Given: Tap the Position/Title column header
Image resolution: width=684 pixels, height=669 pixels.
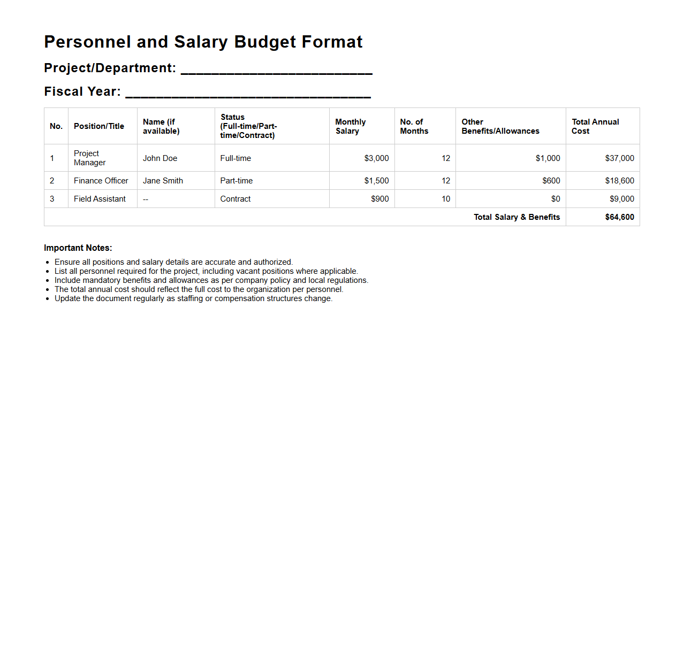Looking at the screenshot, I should coord(99,126).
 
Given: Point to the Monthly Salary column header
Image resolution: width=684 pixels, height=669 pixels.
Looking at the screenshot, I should coord(351,126).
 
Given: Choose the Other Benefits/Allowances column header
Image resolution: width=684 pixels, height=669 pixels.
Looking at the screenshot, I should coord(500,126).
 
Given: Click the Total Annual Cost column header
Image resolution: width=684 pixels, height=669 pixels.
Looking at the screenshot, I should coord(595,126).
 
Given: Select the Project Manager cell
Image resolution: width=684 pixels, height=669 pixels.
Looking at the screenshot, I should coord(90,158).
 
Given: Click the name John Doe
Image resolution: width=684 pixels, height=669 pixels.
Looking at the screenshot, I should coord(160,158).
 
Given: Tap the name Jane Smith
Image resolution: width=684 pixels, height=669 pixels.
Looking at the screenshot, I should coord(163,181).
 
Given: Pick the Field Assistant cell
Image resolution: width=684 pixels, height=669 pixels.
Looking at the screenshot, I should coord(100,199).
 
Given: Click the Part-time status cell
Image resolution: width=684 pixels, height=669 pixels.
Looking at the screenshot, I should coord(237,181).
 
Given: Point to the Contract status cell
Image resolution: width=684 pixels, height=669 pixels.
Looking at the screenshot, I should coord(235,199).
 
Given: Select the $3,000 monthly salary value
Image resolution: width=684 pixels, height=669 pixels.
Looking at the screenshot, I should coord(376,158).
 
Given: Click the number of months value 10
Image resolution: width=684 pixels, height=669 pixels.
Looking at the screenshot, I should coord(446,199).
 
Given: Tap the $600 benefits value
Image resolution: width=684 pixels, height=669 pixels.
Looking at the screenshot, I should coord(551,181).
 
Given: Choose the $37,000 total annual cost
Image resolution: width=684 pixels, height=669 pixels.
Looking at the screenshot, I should coord(619,158).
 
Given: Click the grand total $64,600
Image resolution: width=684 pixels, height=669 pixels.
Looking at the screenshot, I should coord(619,217).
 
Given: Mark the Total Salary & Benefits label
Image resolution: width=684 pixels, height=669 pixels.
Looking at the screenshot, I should coord(516,217).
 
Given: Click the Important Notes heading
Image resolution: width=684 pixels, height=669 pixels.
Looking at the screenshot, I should coord(78,248).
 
